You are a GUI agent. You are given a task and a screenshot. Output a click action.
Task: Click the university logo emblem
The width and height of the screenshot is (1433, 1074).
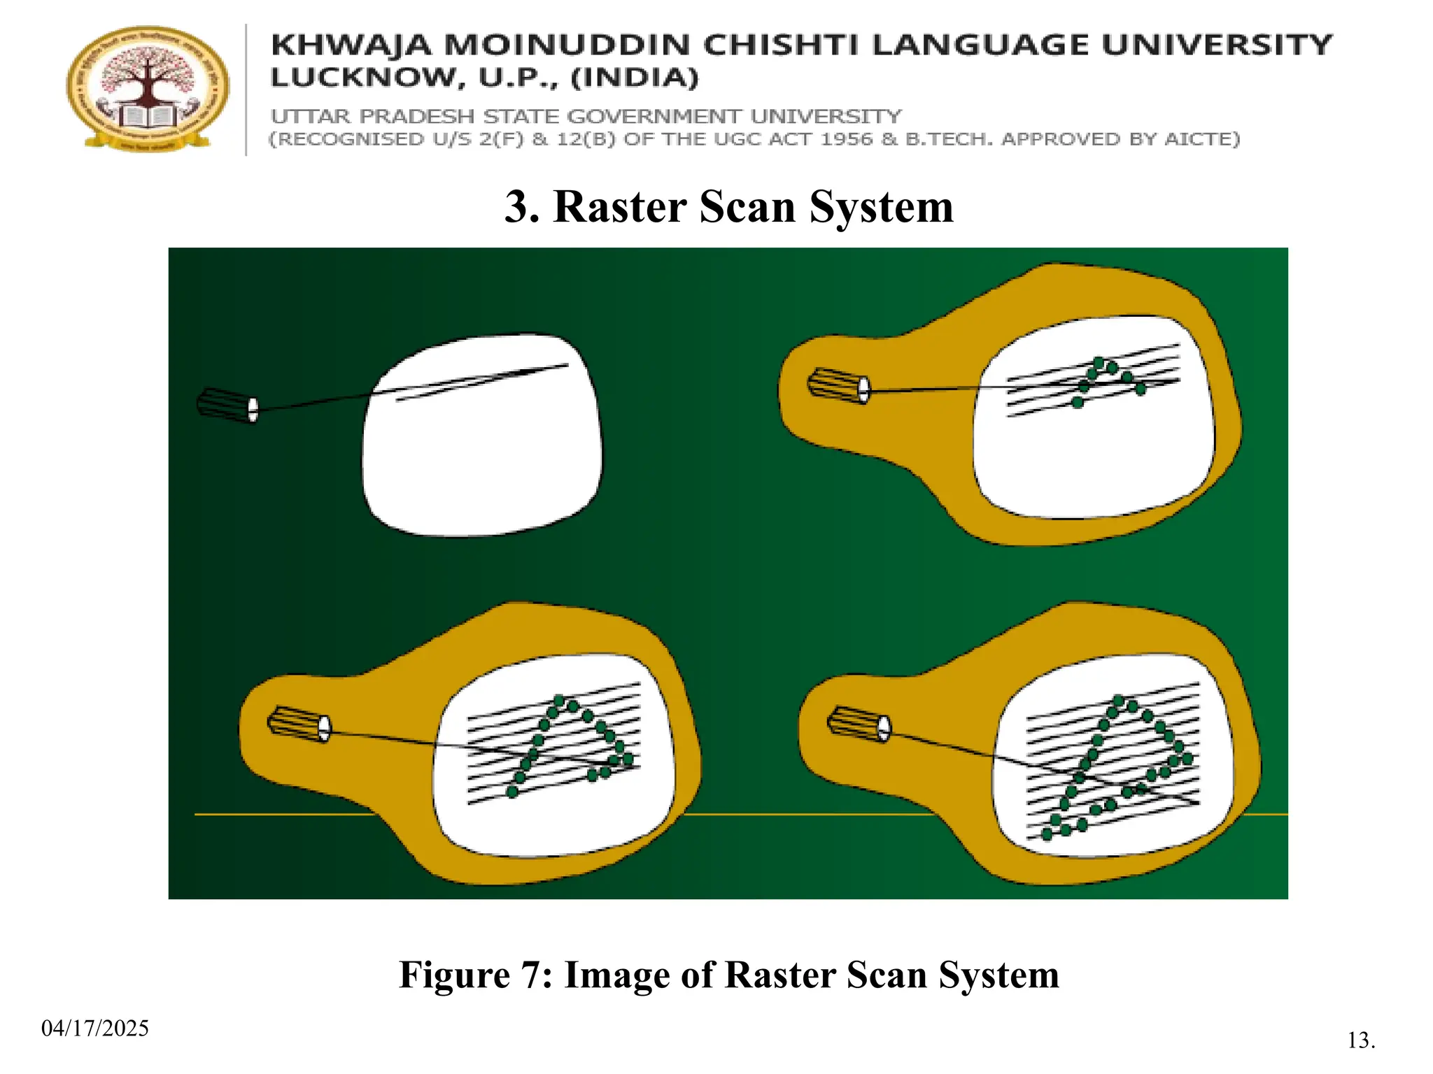[148, 88]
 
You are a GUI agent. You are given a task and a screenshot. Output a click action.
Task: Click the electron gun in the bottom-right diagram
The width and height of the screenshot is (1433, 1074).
[859, 724]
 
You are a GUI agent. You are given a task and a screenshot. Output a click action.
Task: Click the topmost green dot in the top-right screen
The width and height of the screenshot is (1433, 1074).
[1099, 362]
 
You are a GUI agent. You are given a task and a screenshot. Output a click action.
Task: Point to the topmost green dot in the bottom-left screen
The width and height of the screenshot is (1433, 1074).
[559, 700]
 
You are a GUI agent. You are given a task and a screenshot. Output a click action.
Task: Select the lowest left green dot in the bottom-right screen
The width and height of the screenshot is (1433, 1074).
[1047, 834]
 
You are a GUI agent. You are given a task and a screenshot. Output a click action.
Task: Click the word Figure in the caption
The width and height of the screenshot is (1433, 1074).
[454, 975]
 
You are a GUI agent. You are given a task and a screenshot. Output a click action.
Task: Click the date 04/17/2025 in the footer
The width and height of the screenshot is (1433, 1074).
[95, 1029]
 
